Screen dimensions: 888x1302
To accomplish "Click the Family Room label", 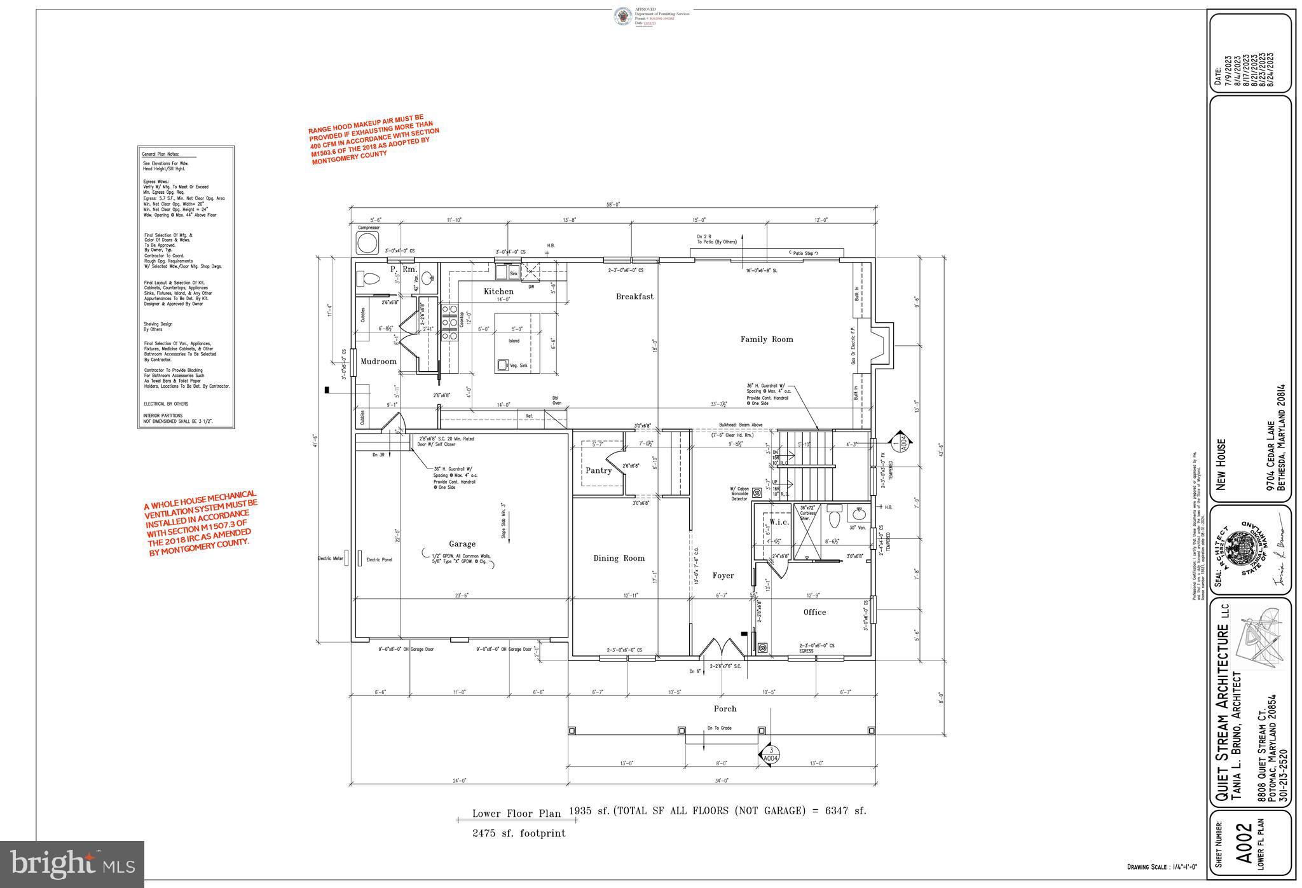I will click(x=767, y=339).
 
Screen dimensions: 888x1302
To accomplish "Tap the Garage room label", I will click(x=462, y=543).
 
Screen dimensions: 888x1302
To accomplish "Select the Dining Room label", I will click(x=619, y=558).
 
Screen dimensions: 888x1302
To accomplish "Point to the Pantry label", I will click(x=598, y=470).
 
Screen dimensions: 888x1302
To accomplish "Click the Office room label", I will click(x=814, y=612).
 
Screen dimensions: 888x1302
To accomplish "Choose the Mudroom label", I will click(x=378, y=361).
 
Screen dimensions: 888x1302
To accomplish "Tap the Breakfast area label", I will click(x=634, y=296).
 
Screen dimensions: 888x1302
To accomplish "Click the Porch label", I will click(x=725, y=708).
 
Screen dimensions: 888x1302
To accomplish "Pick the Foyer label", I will click(x=723, y=575).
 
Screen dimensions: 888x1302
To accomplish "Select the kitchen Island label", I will click(x=514, y=341).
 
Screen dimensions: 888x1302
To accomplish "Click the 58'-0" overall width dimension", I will click(x=612, y=205).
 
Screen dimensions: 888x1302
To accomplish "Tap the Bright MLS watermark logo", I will click(x=72, y=864).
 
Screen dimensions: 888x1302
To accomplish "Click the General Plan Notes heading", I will click(x=160, y=154).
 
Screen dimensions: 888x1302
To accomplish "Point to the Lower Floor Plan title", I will click(x=516, y=814).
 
